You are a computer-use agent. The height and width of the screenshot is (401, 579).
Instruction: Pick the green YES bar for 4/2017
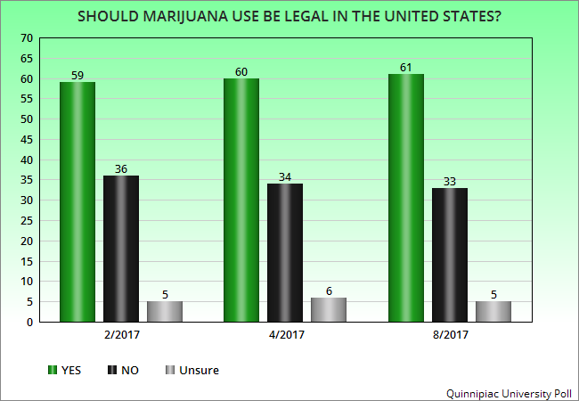[x=241, y=200]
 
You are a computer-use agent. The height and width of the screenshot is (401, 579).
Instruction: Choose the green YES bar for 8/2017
[x=406, y=198]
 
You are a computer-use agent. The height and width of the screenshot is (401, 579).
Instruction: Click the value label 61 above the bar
[x=406, y=67]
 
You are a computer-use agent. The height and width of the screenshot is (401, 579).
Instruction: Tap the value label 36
[x=121, y=168]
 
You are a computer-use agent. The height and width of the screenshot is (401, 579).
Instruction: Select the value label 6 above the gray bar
[x=328, y=291]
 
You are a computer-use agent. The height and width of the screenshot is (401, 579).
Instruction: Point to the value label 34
[x=284, y=176]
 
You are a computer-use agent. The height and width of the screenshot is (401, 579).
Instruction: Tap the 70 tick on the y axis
[x=26, y=38]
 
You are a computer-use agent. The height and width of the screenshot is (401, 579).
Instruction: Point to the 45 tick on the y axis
[x=26, y=140]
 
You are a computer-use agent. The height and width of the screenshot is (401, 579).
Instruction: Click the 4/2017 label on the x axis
[x=284, y=338]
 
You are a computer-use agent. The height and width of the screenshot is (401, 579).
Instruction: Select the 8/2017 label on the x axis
[x=450, y=338]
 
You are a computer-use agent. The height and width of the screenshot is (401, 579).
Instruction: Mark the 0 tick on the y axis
[x=29, y=322]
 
